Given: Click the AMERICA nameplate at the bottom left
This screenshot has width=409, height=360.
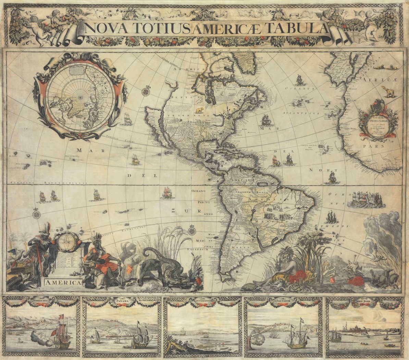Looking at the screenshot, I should (62, 283).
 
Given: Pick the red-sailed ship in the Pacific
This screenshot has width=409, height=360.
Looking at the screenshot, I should (166, 192).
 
